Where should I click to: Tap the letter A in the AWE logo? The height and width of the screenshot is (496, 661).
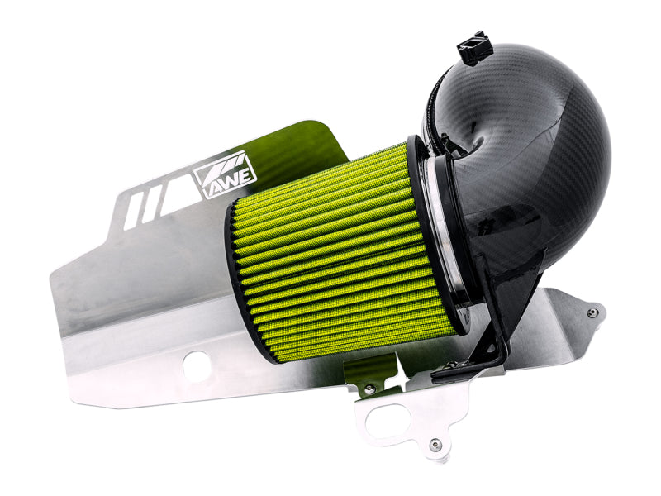[x=212, y=181]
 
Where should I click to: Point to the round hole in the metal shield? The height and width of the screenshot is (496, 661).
[x=196, y=365]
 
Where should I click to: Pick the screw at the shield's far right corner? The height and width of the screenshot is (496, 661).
[x=592, y=313]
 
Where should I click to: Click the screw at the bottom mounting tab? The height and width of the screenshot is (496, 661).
[x=435, y=446]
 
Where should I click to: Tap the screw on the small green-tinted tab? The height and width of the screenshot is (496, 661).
[x=369, y=388]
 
